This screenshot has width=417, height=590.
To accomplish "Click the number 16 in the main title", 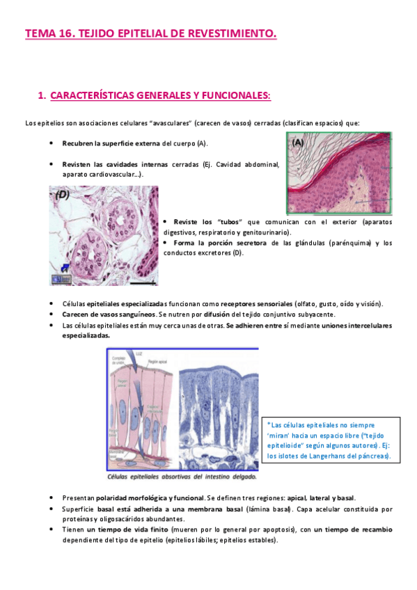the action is point(68,33).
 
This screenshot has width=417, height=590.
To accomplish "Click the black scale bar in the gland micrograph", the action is point(142,282).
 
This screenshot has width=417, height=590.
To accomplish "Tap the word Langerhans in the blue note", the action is point(320,456).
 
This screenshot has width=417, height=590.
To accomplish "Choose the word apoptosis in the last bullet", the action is point(278,529).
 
